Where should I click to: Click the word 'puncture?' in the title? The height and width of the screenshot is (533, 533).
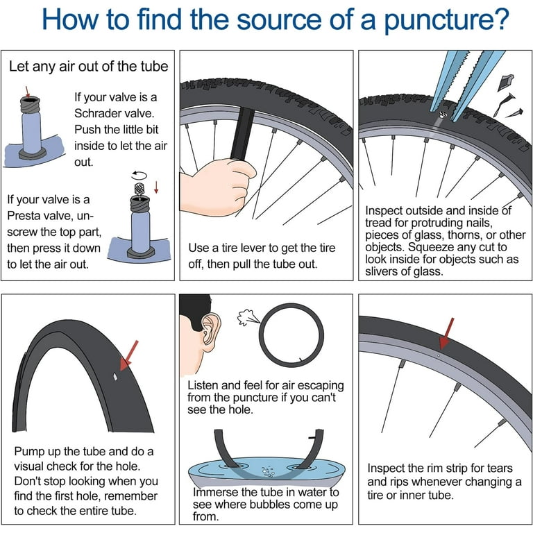coord(446,20)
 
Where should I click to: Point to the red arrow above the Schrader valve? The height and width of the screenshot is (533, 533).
coord(28,92)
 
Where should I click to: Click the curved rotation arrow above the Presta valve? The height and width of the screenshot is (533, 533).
coord(139,176)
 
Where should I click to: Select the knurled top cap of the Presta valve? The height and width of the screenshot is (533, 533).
coord(139,189)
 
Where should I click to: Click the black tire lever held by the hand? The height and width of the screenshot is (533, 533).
coord(242,133)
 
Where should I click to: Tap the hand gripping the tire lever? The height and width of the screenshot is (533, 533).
coord(217,186)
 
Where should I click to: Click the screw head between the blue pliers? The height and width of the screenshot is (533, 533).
coord(442,115)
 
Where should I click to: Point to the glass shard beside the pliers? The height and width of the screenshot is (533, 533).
coord(505,83)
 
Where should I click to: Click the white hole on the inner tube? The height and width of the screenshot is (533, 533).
coord(116,377)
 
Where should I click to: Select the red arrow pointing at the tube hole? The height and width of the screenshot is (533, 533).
coord(129,355)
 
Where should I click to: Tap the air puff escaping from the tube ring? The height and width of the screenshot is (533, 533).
coord(248,317)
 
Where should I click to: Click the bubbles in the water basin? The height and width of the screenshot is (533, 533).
coord(268,472)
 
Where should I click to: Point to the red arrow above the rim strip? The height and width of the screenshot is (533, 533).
coord(446,333)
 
